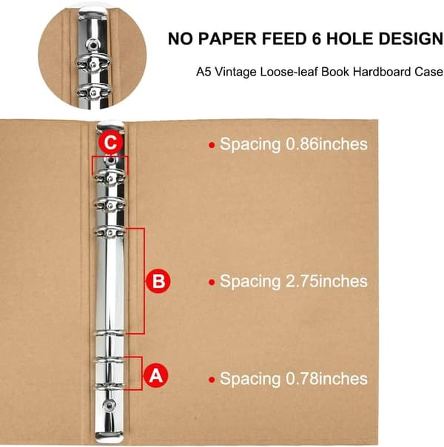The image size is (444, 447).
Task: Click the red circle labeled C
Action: (110, 142)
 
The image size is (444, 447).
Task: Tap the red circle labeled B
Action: (158, 280)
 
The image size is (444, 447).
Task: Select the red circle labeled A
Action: (156, 375)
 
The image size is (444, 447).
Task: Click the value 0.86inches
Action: (326, 144)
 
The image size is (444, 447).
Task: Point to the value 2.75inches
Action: (326, 281)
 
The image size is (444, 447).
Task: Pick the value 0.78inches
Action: (326, 379)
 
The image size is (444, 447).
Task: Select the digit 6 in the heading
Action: (316, 38)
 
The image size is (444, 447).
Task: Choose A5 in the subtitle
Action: (203, 72)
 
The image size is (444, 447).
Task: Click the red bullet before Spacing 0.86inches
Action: (212, 145)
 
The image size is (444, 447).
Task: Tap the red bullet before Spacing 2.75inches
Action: (212, 282)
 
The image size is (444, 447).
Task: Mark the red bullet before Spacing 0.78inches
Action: (212, 380)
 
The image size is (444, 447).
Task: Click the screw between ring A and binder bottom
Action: (109, 404)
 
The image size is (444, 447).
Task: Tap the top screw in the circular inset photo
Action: (92, 44)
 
